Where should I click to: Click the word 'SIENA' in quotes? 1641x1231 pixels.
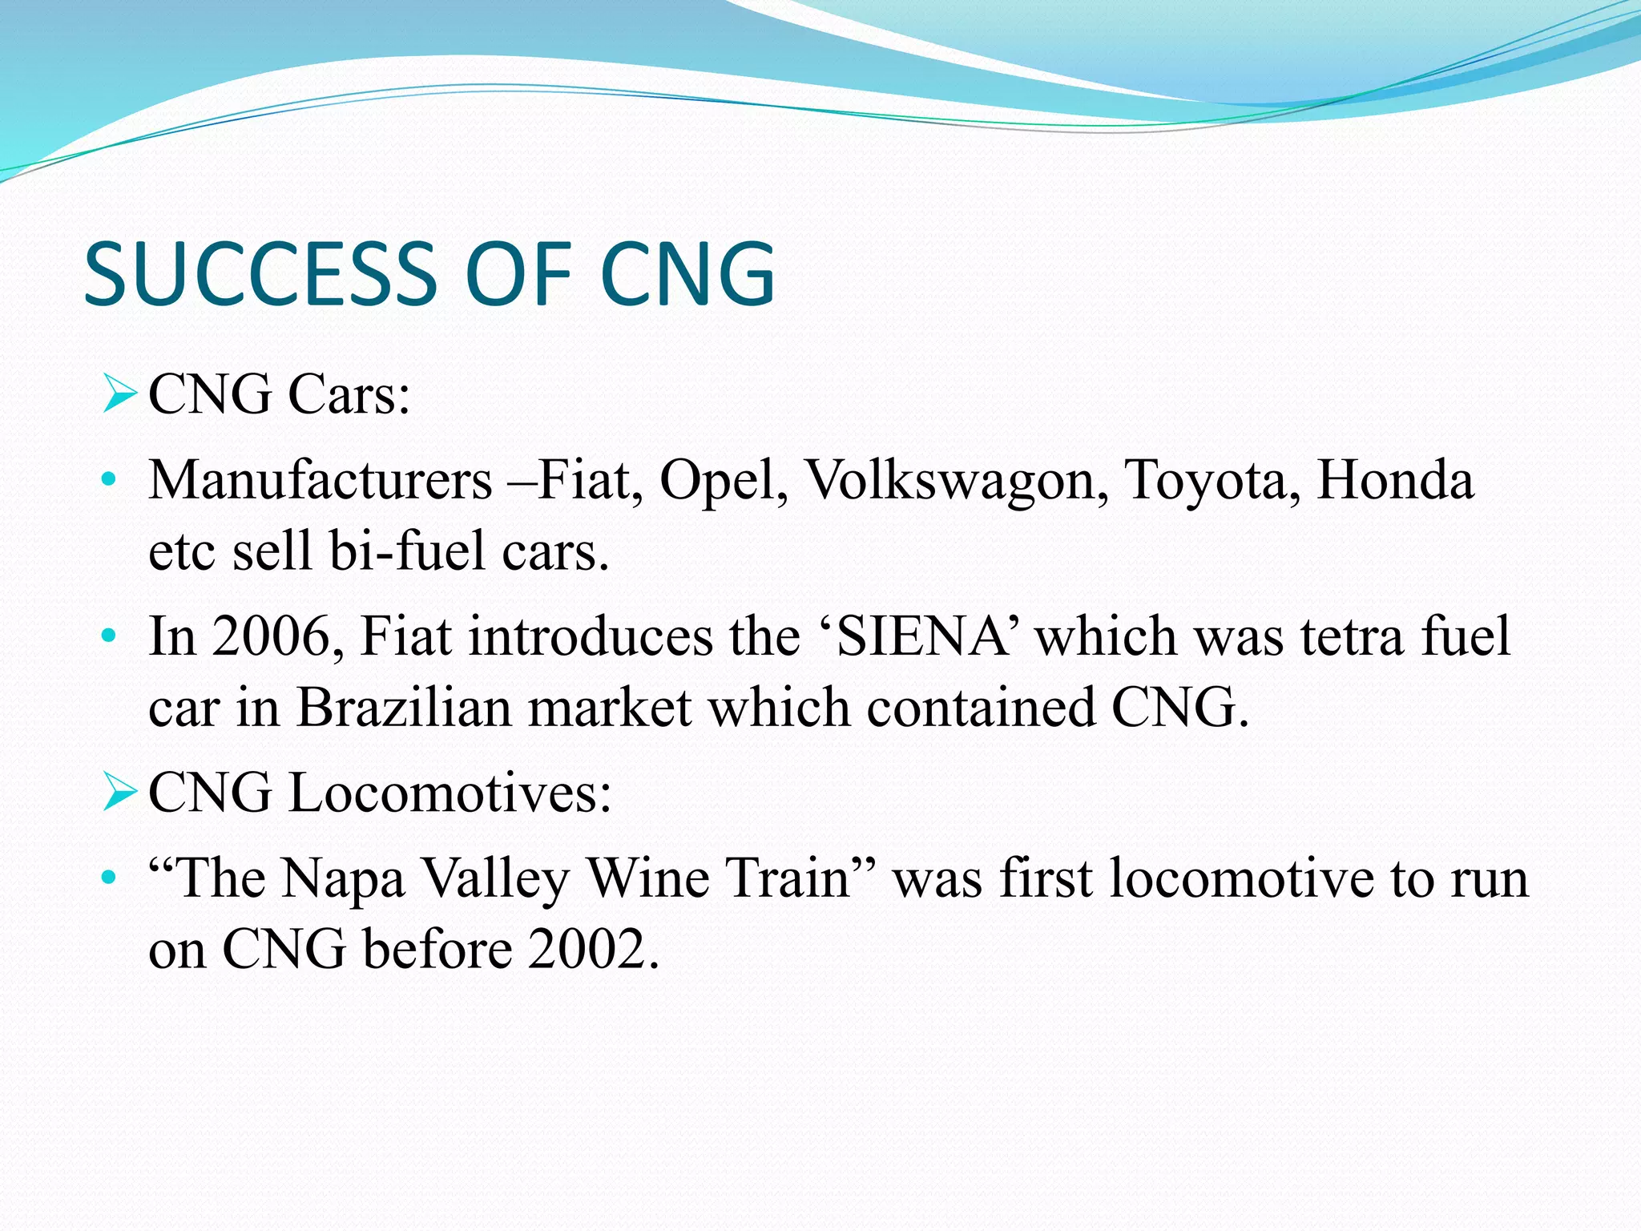click(921, 636)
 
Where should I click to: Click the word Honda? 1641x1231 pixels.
click(1395, 481)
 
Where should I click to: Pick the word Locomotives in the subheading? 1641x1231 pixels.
click(450, 793)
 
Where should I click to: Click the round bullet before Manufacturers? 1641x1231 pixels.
click(109, 482)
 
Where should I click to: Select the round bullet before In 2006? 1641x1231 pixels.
click(109, 638)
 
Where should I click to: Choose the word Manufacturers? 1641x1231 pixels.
click(321, 481)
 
